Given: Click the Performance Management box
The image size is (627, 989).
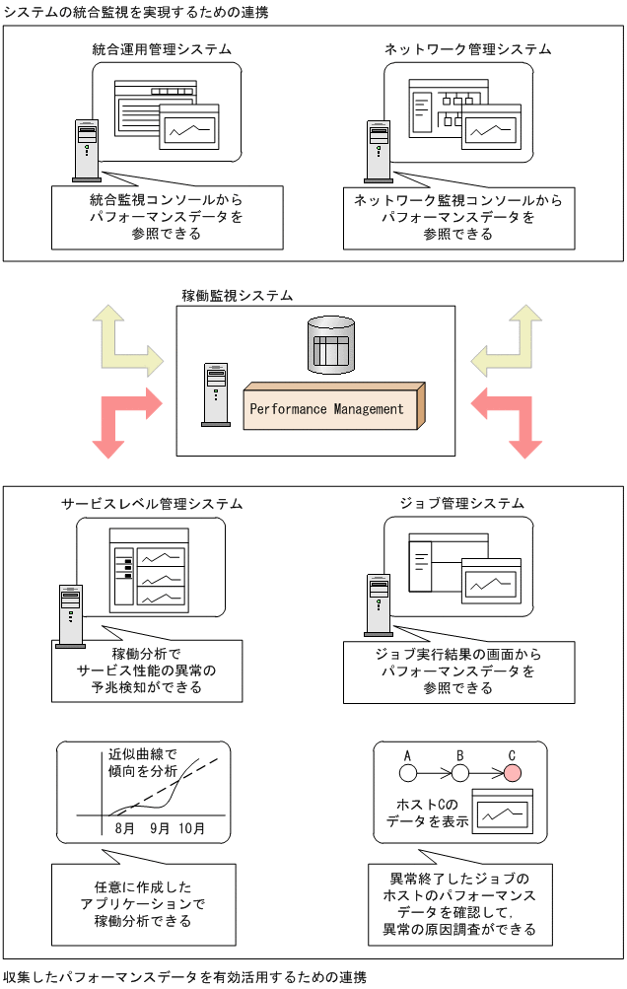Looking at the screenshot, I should pos(330,408).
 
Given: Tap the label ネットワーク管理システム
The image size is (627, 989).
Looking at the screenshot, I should pos(467,48).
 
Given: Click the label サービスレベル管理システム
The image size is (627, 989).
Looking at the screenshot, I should pos(152,503).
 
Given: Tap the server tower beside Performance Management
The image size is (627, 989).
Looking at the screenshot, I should pos(216,394).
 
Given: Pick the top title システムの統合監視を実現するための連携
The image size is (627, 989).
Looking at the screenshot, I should pos(135,10).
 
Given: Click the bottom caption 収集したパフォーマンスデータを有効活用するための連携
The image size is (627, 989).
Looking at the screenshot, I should pos(184,977).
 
